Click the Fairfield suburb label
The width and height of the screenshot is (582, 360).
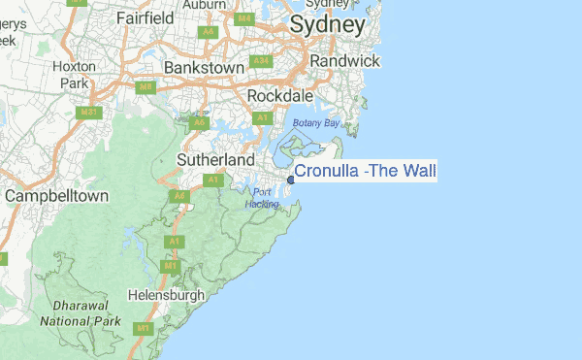[145, 17]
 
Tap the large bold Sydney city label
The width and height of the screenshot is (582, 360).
[328, 24]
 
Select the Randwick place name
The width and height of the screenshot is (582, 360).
[343, 60]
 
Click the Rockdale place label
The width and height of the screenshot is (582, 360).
[279, 97]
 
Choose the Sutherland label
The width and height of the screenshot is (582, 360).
[215, 159]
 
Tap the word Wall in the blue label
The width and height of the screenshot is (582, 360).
[420, 172]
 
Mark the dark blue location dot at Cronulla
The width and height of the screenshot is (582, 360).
[291, 179]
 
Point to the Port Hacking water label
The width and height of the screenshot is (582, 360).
[261, 198]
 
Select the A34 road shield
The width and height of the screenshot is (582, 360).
[260, 61]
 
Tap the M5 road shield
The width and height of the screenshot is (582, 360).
[146, 87]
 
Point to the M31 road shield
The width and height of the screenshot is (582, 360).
[89, 113]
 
